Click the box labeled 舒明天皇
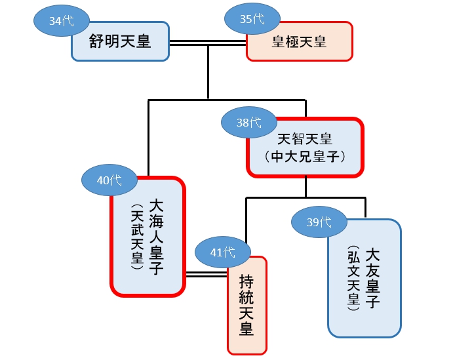point(120,42)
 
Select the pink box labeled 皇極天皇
point(299,42)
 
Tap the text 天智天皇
point(305,139)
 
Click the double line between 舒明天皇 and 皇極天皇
point(208,44)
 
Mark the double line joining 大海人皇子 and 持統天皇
point(206,273)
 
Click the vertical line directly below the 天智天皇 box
point(305,187)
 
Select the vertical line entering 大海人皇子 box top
point(148,138)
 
